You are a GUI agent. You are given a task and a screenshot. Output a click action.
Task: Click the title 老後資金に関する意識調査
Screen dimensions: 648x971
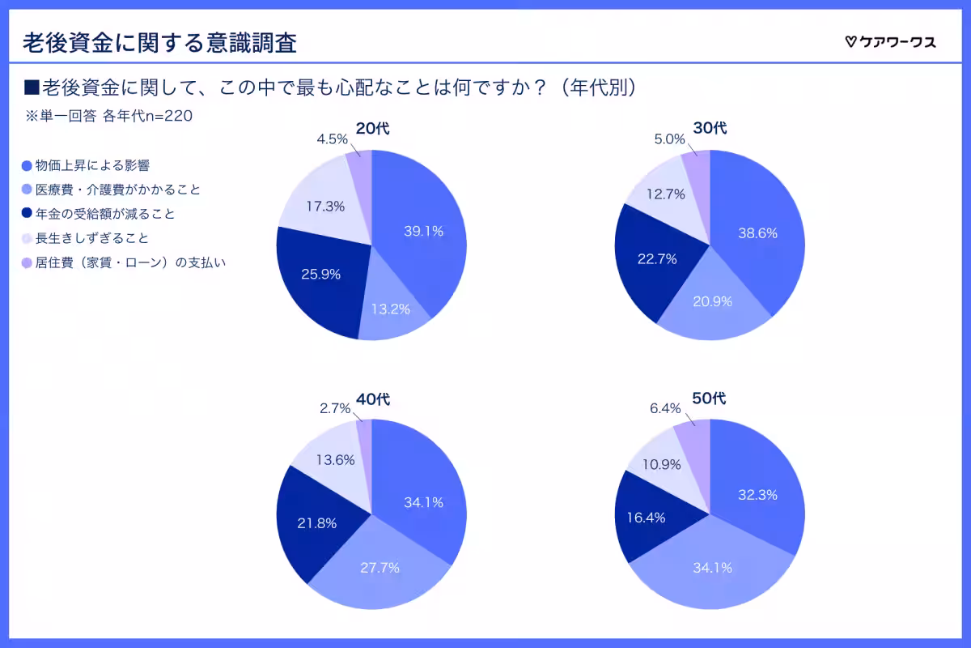tap(159, 42)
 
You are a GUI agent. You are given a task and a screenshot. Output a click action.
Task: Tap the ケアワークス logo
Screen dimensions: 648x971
tap(890, 42)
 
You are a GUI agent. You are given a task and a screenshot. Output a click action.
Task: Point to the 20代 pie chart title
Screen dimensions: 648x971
tap(372, 130)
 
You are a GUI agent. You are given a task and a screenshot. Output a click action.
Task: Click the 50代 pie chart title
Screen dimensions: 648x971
tap(710, 399)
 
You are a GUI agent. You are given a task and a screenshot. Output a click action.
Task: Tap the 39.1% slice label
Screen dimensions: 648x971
tap(423, 231)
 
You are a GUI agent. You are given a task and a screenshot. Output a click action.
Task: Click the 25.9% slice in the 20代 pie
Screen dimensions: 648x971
tap(320, 274)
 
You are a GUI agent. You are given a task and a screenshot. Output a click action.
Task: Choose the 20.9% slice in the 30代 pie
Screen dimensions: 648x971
tap(712, 301)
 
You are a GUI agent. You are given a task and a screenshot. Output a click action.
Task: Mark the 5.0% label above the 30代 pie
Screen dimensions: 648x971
tap(670, 139)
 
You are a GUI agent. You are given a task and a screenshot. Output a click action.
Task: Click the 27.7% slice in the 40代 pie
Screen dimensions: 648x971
tap(379, 567)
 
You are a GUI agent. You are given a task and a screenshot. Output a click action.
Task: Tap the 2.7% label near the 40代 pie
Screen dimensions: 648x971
tap(335, 408)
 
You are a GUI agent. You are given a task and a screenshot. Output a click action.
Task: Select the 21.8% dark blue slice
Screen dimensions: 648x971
tap(317, 522)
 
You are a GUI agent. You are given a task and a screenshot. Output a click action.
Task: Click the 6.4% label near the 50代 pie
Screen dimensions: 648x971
tap(665, 408)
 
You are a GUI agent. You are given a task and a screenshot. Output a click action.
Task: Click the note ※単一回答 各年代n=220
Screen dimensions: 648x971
tap(108, 116)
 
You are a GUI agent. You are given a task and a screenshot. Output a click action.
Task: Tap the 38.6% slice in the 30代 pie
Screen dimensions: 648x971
tap(757, 233)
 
